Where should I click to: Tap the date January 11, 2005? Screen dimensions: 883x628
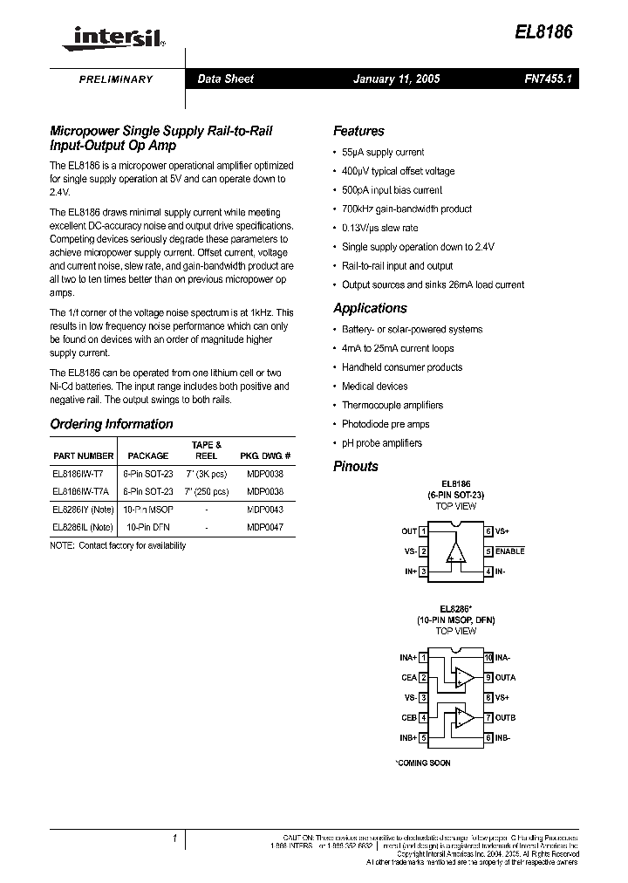396,79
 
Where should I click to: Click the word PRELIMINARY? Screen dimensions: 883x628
116,79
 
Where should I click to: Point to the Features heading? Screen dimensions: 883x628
358,131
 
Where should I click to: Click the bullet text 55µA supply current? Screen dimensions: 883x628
383,152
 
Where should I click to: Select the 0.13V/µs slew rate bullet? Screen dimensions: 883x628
379,228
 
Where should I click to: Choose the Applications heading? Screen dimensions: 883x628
370,308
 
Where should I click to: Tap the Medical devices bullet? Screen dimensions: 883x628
374,386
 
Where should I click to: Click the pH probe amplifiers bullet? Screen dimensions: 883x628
381,443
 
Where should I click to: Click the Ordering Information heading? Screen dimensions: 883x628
112,424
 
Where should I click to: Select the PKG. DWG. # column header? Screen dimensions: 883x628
265,455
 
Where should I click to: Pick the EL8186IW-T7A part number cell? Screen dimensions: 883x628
83,490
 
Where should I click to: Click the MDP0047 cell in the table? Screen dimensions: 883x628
264,527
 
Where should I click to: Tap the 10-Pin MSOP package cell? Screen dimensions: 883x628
148,509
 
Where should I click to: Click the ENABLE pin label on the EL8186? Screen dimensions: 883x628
509,551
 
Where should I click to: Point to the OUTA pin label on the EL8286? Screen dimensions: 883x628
505,677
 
